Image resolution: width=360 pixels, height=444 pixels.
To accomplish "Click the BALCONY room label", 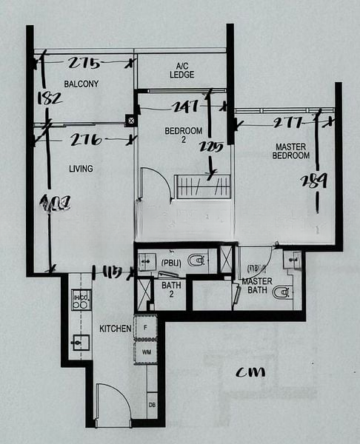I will (81, 84).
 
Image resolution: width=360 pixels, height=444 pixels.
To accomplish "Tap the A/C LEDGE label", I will (181, 70).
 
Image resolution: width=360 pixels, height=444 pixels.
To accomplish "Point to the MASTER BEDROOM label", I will (290, 151).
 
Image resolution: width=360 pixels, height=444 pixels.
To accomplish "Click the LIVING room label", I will (81, 169).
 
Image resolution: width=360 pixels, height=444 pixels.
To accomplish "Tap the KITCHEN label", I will (116, 328).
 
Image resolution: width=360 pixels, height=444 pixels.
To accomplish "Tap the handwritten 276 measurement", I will (87, 139).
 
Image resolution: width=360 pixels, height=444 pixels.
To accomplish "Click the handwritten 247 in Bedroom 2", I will (184, 107).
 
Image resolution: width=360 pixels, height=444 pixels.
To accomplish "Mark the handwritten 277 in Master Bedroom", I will (289, 122).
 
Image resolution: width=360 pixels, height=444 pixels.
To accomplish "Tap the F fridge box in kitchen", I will (145, 326).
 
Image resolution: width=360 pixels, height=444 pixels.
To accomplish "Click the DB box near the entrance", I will (152, 406).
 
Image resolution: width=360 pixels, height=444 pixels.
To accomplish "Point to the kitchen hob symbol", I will (79, 300).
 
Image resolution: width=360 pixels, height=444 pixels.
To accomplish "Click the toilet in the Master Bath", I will (282, 292).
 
